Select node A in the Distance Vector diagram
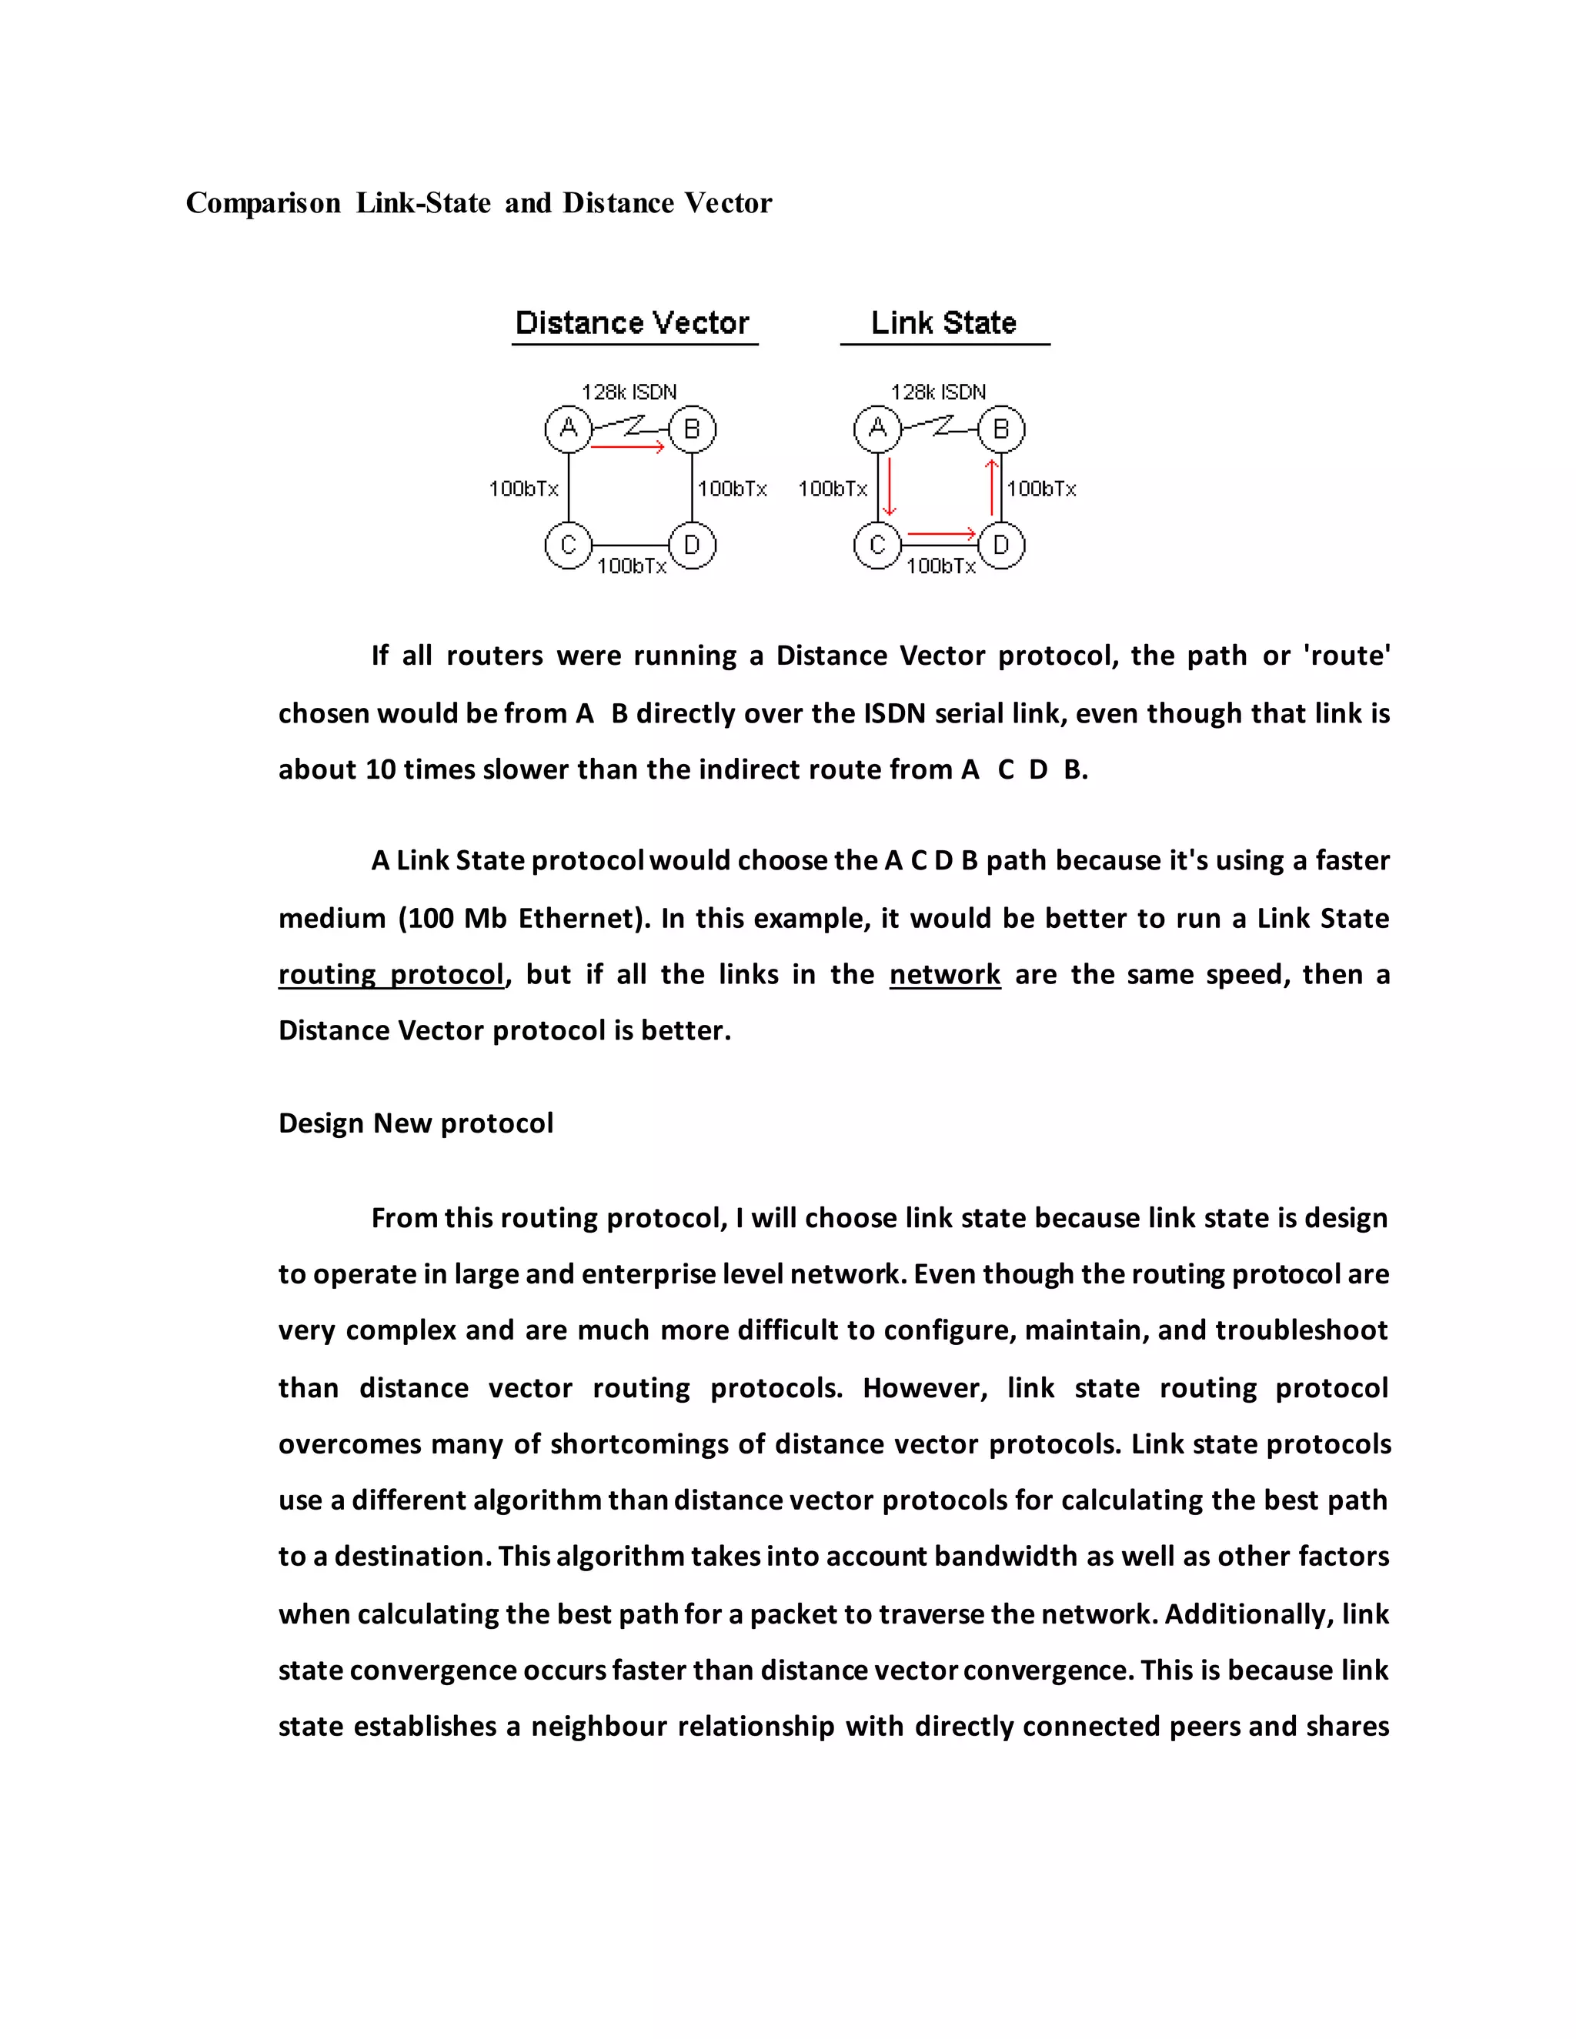569,429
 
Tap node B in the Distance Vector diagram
692,429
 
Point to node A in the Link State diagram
877,429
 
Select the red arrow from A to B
627,448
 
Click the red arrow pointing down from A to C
890,486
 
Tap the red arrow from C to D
941,534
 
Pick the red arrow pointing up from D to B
991,486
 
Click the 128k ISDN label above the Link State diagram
938,392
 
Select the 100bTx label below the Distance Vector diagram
632,566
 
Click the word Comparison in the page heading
263,204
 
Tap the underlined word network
945,975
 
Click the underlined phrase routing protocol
391,975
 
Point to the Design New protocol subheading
416,1123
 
